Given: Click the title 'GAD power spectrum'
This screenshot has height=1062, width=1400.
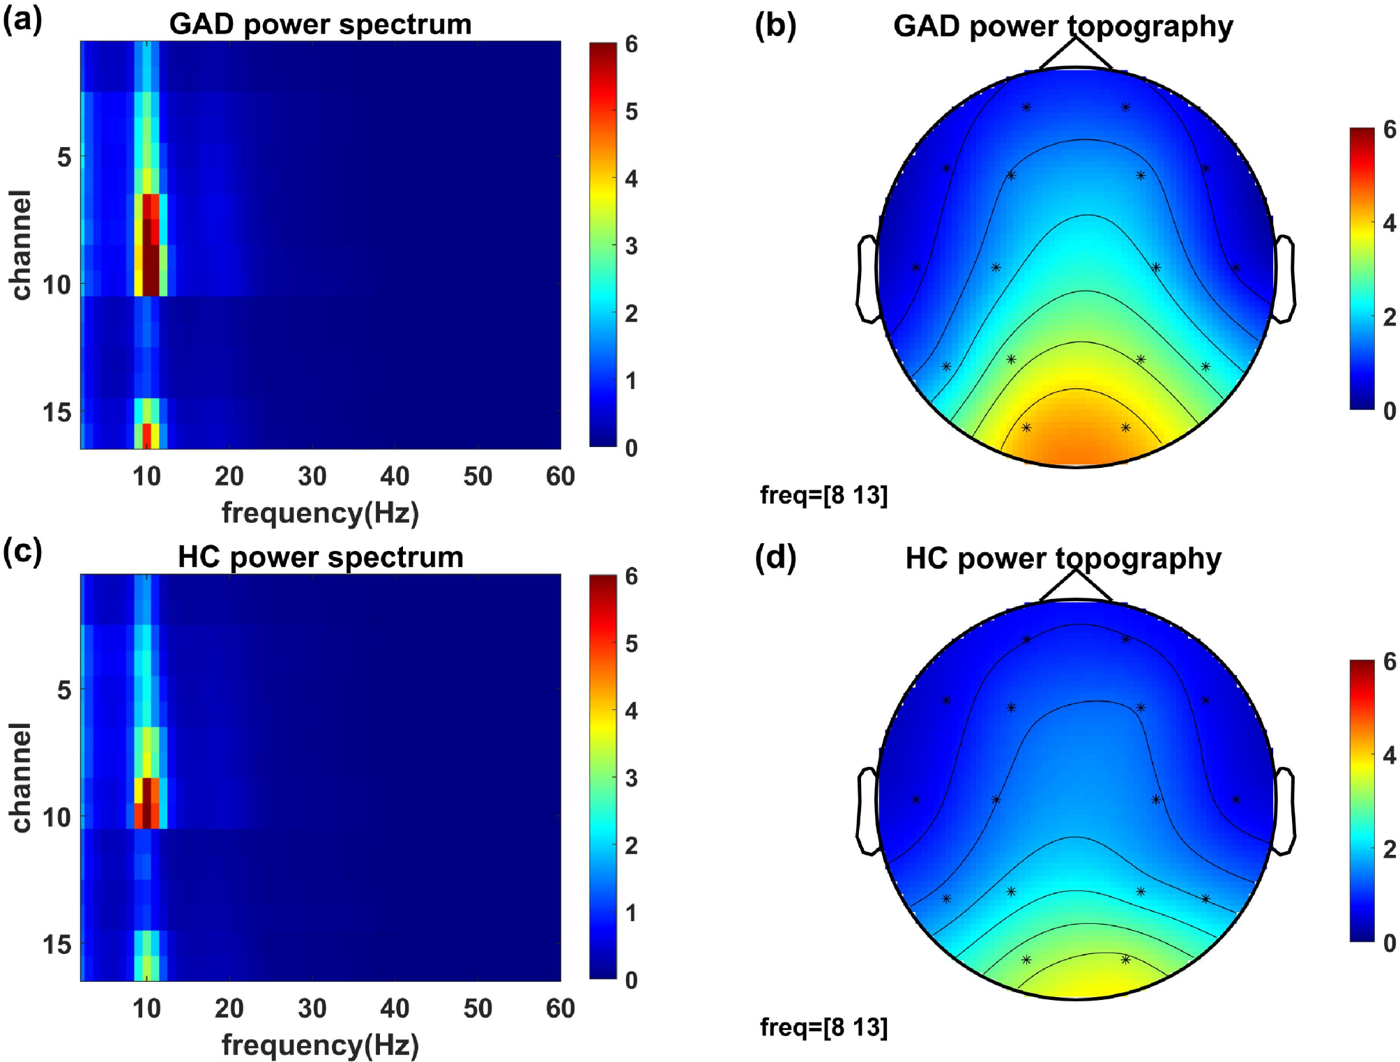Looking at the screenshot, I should pyautogui.click(x=320, y=24).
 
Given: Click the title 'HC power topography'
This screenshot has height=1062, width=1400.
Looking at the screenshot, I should pyautogui.click(x=1063, y=559).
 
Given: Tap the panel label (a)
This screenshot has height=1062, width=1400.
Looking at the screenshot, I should pyautogui.click(x=22, y=20).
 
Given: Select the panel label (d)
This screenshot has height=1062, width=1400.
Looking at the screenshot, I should pyautogui.click(x=775, y=557).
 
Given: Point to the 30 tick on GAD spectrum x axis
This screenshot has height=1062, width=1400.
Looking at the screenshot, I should pyautogui.click(x=312, y=476).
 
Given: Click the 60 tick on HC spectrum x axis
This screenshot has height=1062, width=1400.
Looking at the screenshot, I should pyautogui.click(x=560, y=1008).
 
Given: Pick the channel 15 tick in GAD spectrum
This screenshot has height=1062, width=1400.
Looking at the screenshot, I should pyautogui.click(x=57, y=412).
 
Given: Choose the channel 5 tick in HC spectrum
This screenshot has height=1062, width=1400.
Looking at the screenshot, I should pyautogui.click(x=64, y=690).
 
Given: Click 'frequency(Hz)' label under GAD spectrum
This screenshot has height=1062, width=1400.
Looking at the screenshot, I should pyautogui.click(x=320, y=513).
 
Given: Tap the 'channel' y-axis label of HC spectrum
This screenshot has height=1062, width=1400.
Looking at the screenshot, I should pyautogui.click(x=21, y=777).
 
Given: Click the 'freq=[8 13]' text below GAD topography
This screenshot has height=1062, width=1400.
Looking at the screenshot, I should pyautogui.click(x=823, y=495).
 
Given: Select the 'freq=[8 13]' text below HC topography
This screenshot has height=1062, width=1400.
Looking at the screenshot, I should pyautogui.click(x=823, y=1027).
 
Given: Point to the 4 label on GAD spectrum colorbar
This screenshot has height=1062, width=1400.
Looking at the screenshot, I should pyautogui.click(x=631, y=179).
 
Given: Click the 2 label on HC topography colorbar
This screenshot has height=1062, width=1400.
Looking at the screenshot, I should pyautogui.click(x=1389, y=849).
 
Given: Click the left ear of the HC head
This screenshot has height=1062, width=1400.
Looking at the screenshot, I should pyautogui.click(x=867, y=811).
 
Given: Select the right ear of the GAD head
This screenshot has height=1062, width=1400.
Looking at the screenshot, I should pyautogui.click(x=1285, y=279).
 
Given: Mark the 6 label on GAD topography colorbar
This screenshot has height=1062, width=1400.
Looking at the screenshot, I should pyautogui.click(x=1389, y=130).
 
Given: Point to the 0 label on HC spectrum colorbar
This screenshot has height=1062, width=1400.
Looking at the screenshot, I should pyautogui.click(x=631, y=980).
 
